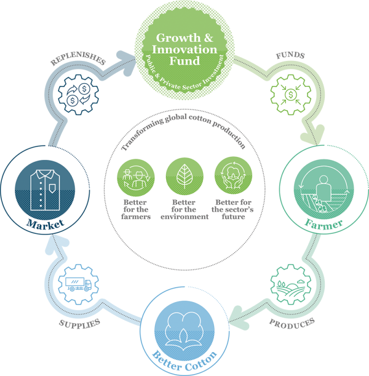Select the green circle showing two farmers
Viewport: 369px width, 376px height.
[x=134, y=177]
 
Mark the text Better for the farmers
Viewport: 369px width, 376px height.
[x=134, y=210]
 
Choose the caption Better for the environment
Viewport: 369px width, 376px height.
[x=184, y=210]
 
